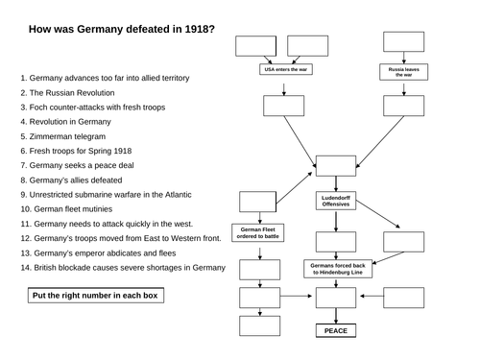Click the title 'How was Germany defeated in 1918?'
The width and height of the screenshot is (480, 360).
click(x=122, y=29)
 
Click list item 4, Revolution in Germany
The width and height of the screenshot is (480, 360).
click(x=71, y=122)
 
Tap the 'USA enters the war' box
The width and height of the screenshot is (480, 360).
click(x=284, y=70)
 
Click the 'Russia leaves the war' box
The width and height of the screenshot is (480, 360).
click(x=401, y=70)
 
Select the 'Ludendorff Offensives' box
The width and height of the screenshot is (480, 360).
click(x=336, y=201)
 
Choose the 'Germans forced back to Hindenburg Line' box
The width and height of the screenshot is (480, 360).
click(x=336, y=269)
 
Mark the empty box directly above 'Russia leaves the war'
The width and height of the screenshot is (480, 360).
click(x=403, y=42)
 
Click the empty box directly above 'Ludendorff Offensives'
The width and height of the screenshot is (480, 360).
click(x=336, y=165)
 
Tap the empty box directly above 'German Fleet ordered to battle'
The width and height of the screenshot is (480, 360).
click(x=256, y=202)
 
